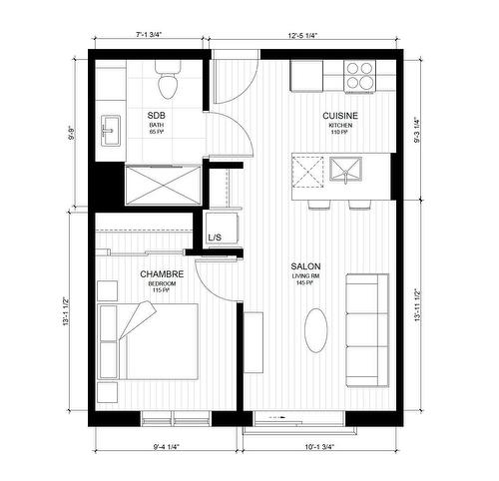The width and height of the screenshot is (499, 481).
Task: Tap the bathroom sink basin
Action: tap(110, 130)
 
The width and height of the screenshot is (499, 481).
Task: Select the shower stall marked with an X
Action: tap(159, 185)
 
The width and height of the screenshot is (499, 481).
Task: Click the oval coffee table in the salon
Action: tap(316, 329)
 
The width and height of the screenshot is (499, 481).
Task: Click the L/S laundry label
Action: tap(215, 238)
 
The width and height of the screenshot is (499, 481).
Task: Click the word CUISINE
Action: tap(340, 117)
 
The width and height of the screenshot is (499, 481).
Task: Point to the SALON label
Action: tap(304, 266)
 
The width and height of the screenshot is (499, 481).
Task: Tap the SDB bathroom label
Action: tap(156, 114)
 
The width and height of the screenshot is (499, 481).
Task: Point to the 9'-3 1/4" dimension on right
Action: tap(429, 127)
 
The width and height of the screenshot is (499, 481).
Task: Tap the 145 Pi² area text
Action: tap(304, 285)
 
